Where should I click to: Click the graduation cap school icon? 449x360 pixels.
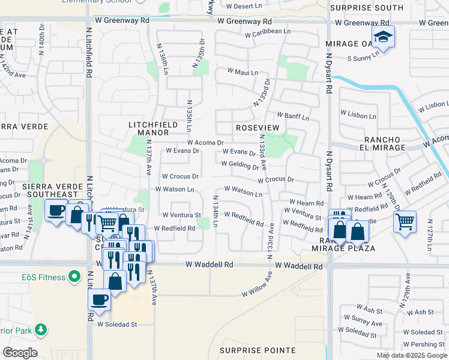(x=382, y=37)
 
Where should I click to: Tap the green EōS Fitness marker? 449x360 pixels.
(x=74, y=277)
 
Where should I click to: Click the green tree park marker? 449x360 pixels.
(x=41, y=329)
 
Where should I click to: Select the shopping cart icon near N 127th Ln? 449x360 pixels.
(x=405, y=221)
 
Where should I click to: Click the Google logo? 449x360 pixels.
(x=20, y=353)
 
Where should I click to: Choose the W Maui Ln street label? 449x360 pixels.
(x=243, y=72)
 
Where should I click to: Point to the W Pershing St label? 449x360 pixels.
(x=423, y=344)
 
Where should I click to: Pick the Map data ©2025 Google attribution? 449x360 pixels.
(x=412, y=355)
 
